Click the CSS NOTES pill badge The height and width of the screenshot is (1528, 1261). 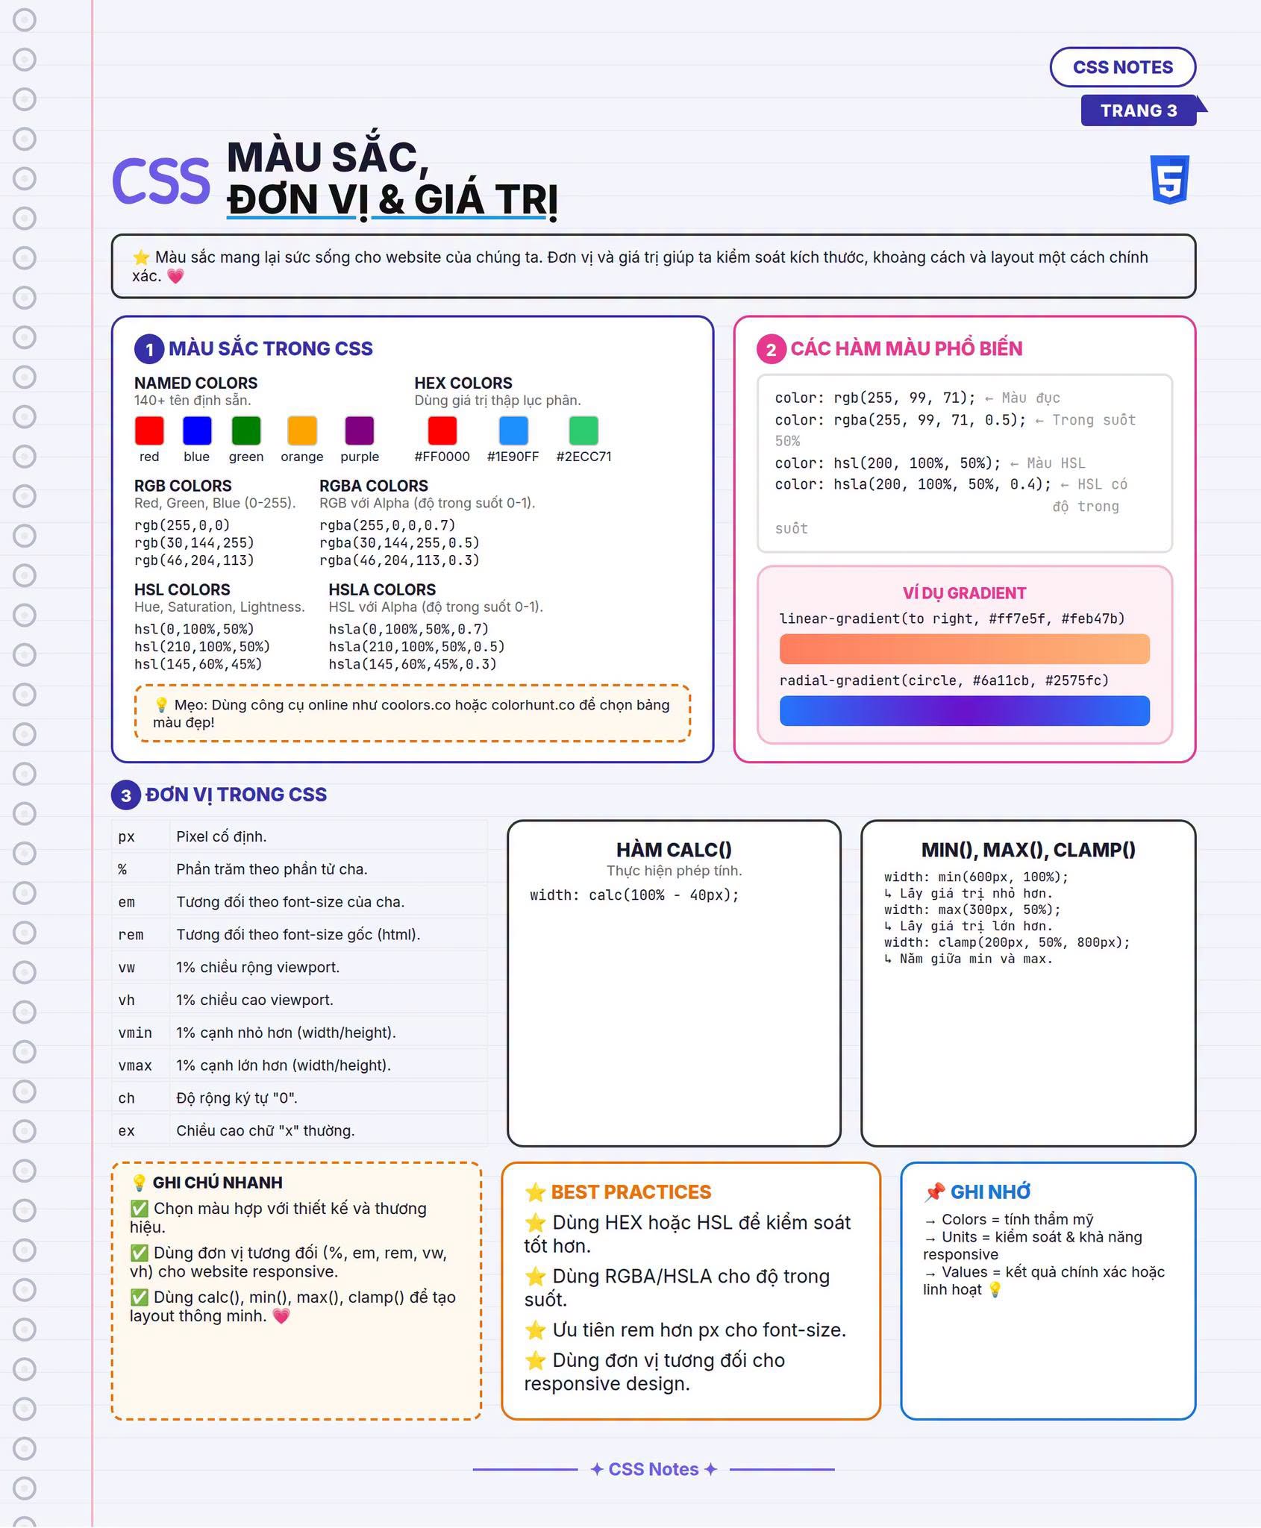point(1122,67)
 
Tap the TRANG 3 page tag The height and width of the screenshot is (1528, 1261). point(1139,110)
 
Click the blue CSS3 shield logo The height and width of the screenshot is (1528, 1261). point(1169,180)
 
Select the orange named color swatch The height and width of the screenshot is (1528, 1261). point(302,430)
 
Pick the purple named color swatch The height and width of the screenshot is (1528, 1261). point(360,430)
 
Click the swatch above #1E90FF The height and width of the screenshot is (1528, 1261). point(513,430)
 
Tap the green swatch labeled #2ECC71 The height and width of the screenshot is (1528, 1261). point(583,430)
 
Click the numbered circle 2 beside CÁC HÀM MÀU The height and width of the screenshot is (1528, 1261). point(772,349)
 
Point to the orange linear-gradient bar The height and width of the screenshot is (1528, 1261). point(964,649)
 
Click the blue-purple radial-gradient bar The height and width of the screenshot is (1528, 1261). point(964,711)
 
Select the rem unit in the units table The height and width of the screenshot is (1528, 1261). point(131,935)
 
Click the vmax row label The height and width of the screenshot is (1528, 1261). point(135,1065)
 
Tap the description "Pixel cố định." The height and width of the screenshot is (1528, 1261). point(222,836)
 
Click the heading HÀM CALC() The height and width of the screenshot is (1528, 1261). point(674,850)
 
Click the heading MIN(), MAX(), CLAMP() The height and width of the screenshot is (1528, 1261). point(1028,850)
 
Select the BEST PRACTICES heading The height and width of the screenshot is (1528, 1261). point(631,1192)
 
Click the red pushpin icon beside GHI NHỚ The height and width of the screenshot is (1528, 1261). point(934,1192)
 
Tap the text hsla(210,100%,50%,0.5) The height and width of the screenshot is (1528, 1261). point(416,647)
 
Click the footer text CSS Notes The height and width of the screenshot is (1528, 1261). point(654,1469)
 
